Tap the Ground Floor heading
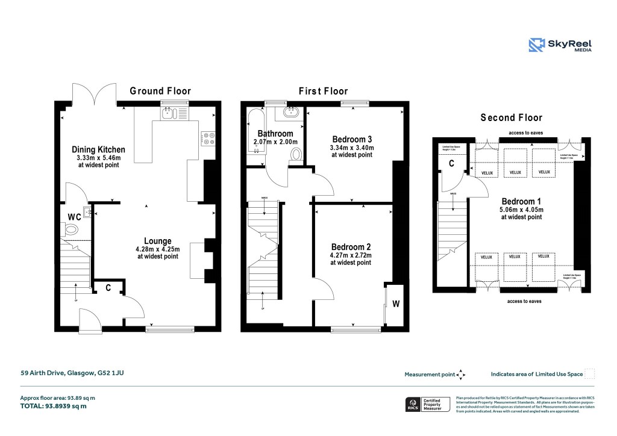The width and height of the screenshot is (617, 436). tap(160, 91)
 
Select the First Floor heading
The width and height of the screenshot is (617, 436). tap(324, 91)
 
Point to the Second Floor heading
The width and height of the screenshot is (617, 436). tap(511, 118)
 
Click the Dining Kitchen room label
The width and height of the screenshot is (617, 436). tap(98, 149)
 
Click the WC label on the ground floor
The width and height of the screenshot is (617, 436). tap(74, 216)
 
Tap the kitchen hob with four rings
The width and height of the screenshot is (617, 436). tap(208, 139)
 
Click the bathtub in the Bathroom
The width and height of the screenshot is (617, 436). tap(252, 129)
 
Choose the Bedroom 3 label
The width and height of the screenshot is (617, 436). tap(352, 140)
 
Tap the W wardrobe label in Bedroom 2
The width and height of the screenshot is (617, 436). tap(396, 304)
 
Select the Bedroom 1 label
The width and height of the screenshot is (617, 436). tap(521, 201)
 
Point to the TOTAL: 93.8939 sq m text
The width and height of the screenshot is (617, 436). tap(54, 406)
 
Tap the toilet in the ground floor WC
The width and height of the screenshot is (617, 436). tap(71, 229)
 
